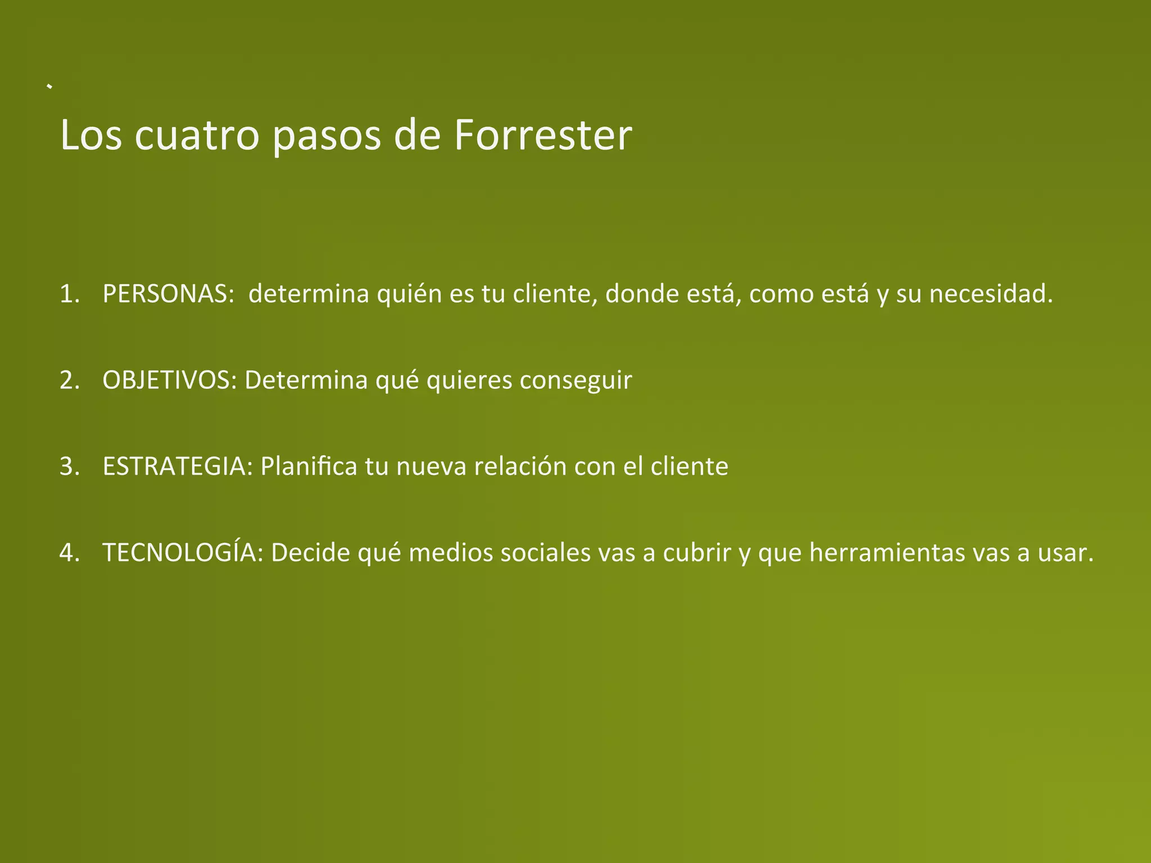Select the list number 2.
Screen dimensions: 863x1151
click(68, 381)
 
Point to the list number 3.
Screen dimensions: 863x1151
click(68, 467)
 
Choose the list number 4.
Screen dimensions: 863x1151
click(68, 553)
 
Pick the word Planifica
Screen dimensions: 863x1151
click(309, 466)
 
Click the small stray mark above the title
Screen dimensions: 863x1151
click(50, 87)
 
